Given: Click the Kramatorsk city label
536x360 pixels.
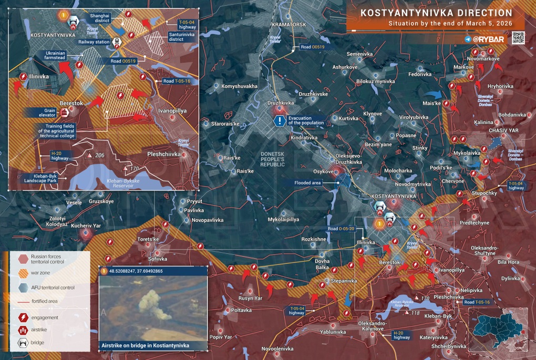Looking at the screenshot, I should (x=288, y=25).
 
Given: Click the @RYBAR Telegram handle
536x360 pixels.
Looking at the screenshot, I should (x=488, y=39).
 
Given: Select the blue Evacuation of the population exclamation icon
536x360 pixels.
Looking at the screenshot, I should (x=281, y=121).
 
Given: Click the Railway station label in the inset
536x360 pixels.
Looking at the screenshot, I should (x=95, y=42).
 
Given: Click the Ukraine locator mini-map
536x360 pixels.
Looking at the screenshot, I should (x=498, y=328).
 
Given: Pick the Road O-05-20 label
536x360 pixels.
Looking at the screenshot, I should (x=341, y=229).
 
